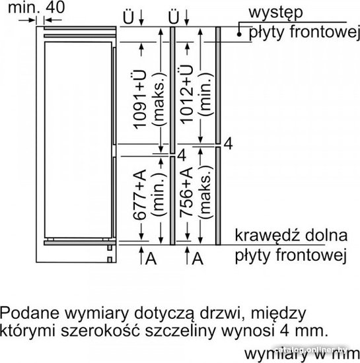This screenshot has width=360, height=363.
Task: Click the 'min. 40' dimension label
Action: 36,7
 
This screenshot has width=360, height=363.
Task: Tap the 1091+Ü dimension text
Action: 139,100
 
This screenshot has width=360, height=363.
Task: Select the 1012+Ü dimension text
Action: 186,94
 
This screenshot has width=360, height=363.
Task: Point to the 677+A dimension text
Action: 139,195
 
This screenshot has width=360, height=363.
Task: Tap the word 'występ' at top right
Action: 275,13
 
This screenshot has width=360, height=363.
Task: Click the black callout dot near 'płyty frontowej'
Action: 239,34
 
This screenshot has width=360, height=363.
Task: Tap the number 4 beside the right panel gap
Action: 228,144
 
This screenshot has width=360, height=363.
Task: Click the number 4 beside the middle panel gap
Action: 182,155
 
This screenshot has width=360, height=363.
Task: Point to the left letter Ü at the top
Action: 128,17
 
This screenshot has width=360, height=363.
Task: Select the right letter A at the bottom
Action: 198,258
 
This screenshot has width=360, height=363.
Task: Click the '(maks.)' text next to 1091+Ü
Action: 159,100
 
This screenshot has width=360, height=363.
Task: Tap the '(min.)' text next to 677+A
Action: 159,195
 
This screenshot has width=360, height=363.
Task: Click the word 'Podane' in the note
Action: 30,313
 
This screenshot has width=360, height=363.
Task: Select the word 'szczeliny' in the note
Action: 181,332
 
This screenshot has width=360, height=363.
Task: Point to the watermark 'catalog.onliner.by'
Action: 310,350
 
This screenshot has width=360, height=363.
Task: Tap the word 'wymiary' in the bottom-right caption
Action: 275,354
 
